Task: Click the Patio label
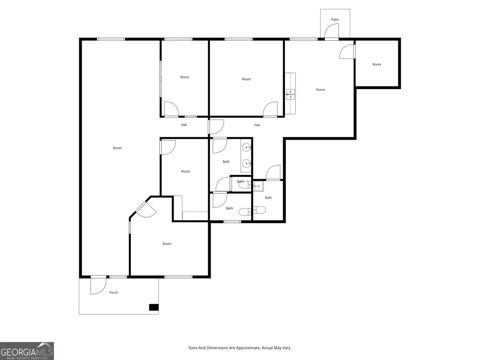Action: (x=335, y=20)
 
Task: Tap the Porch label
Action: (x=113, y=292)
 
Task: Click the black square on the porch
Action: (x=154, y=307)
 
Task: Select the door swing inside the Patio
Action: (x=331, y=30)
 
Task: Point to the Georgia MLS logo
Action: (x=27, y=351)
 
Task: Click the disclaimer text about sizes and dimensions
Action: (x=240, y=348)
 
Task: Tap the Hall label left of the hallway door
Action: (x=184, y=125)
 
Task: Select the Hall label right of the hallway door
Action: (x=257, y=125)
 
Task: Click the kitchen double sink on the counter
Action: (x=291, y=94)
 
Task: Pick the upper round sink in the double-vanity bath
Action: (x=247, y=148)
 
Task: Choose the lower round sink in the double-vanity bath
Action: (x=247, y=164)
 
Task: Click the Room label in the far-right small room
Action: (x=377, y=64)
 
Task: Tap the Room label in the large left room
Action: (x=117, y=148)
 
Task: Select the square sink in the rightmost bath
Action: (x=258, y=186)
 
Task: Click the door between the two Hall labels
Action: (x=216, y=127)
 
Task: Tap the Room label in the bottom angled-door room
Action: (x=167, y=244)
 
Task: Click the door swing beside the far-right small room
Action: (x=347, y=52)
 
